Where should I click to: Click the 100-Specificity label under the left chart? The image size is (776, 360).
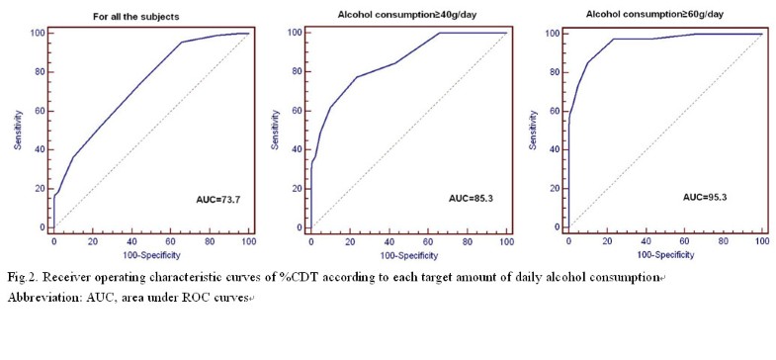151,254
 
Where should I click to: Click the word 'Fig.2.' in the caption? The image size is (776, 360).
25,276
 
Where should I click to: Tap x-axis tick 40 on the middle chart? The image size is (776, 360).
388,240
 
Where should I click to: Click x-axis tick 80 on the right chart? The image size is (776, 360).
724,240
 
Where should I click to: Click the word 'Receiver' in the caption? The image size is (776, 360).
74,276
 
